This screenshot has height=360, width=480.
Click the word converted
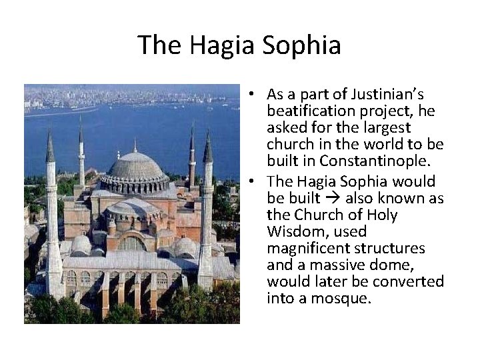pos(409,281)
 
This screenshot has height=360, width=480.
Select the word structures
pos(392,248)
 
